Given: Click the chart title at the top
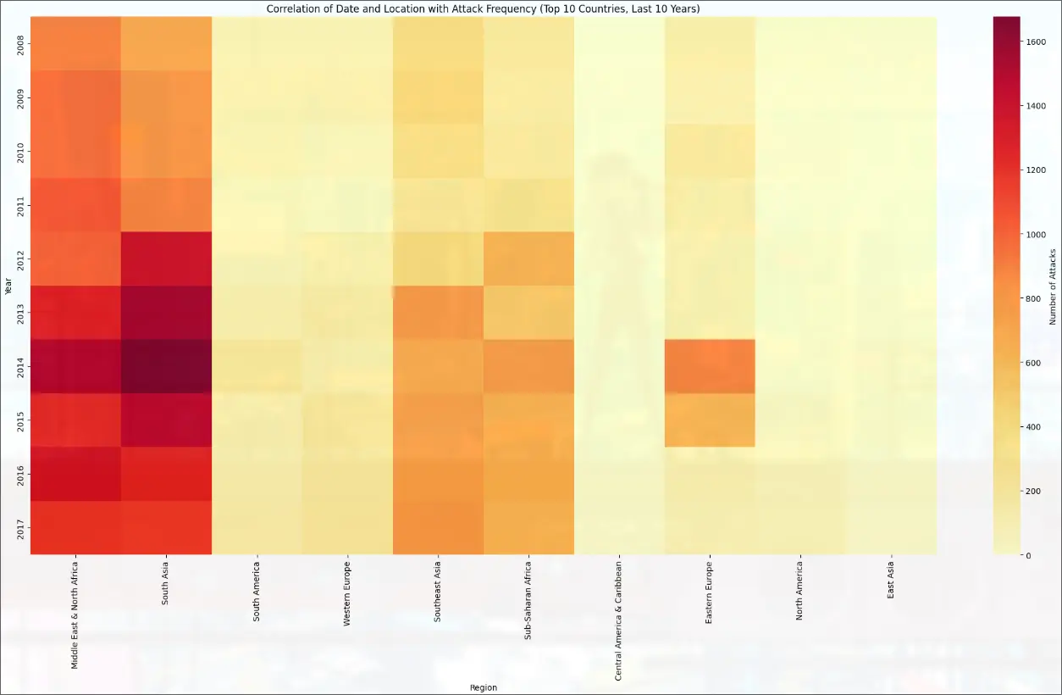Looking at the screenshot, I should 483,8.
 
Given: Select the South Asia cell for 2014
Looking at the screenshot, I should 166,366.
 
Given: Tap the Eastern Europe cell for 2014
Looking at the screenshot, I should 710,366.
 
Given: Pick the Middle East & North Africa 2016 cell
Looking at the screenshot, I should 75,474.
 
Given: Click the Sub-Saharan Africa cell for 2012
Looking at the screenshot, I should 528,259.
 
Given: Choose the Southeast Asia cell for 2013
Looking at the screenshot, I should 438,312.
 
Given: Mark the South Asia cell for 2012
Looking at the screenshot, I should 166,259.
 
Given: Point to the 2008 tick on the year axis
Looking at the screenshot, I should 20,44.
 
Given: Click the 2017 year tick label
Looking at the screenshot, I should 20,527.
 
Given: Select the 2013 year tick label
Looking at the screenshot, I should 20,312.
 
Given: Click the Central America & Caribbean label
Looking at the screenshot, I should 619,620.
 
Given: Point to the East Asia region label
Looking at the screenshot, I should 891,580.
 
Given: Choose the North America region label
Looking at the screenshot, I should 800,590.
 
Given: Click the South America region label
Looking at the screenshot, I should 257,592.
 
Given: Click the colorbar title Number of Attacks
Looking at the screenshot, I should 1054,286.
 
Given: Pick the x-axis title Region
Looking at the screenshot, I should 483,687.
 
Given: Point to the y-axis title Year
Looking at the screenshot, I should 8,286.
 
